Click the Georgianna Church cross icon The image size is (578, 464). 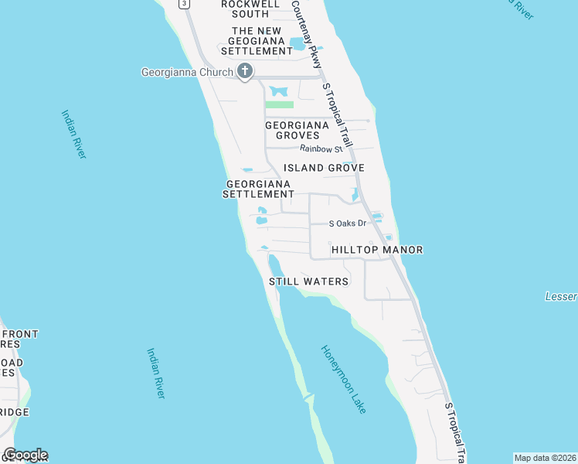tap(245, 73)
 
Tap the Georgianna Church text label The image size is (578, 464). tap(187, 73)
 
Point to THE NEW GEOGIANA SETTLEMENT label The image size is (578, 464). tap(257, 41)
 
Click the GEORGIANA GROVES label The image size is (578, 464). tap(297, 130)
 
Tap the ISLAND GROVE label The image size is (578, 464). tap(324, 168)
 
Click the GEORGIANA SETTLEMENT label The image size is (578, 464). tap(258, 189)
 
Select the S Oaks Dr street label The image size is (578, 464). tap(347, 223)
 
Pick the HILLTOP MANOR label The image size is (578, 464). tap(376, 250)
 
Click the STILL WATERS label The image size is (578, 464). tap(308, 281)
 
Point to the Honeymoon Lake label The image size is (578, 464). tap(344, 379)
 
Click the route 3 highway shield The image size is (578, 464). tap(183, 4)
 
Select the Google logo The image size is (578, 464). tap(25, 455)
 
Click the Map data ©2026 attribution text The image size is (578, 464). tap(545, 458)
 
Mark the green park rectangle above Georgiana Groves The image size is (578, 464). tap(279, 104)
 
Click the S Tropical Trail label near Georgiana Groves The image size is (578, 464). tap(338, 116)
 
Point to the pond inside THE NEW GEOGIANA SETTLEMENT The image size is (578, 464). tap(298, 43)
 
